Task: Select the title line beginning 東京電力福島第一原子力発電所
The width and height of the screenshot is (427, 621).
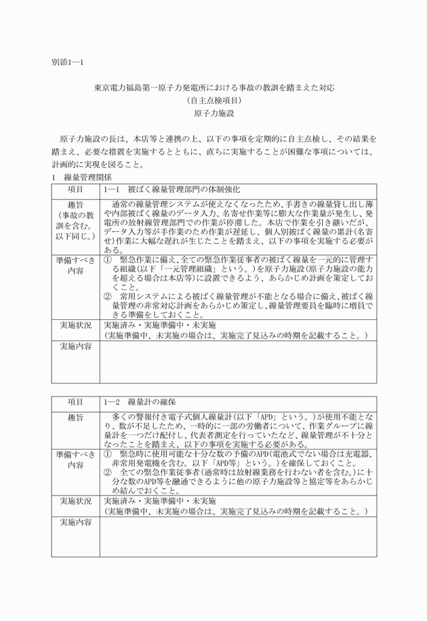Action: pos(213,88)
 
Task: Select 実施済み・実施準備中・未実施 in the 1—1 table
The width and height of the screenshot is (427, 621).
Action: pos(159,325)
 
